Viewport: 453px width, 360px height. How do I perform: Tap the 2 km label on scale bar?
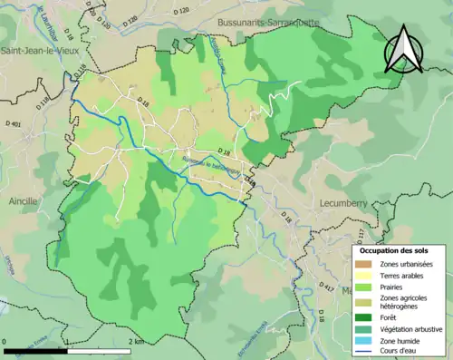coord(136,341)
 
